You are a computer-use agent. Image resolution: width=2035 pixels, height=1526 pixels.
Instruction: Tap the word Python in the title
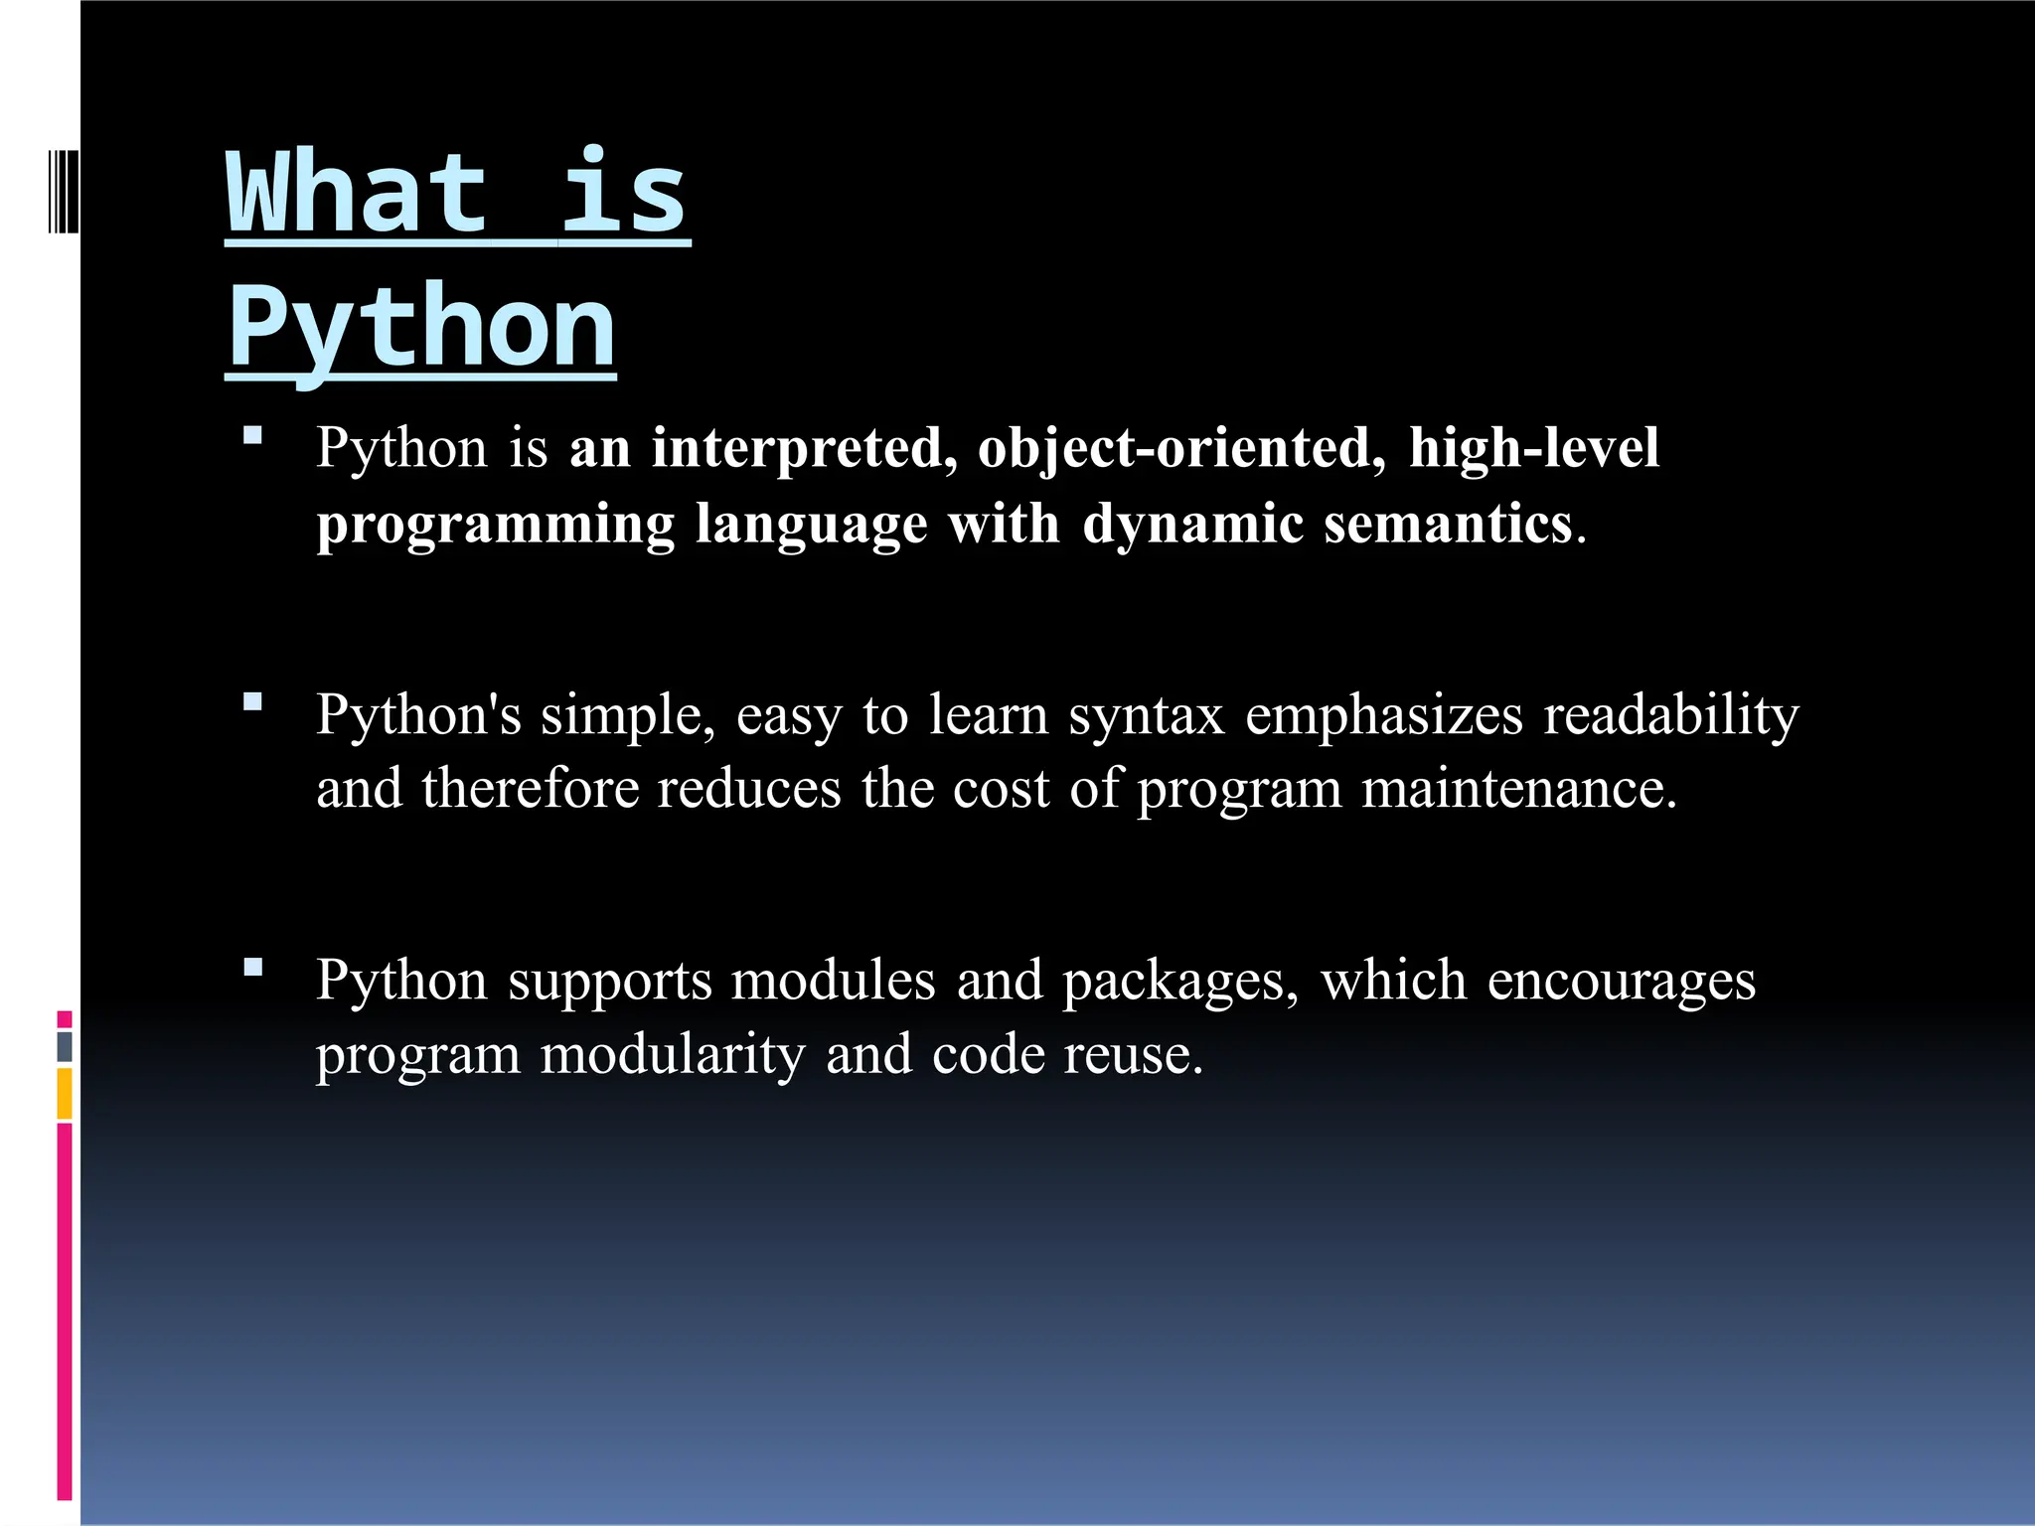pyautogui.click(x=421, y=328)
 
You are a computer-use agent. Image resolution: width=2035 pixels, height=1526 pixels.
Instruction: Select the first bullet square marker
pyautogui.click(x=252, y=434)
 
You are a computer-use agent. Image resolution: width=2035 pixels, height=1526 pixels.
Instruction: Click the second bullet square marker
pyautogui.click(x=252, y=702)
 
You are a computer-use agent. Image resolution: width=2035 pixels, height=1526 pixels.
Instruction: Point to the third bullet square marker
pyautogui.click(x=252, y=968)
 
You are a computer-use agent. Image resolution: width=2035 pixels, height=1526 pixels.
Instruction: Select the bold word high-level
pyautogui.click(x=1534, y=448)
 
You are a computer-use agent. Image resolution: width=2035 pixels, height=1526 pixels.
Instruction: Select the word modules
pyautogui.click(x=834, y=981)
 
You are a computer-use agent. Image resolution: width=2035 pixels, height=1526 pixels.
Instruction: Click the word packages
pyautogui.click(x=1180, y=983)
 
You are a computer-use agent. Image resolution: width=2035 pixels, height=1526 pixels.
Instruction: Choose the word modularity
pyautogui.click(x=673, y=1055)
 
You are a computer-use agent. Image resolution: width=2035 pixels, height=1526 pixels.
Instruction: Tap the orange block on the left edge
pyautogui.click(x=65, y=1094)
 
